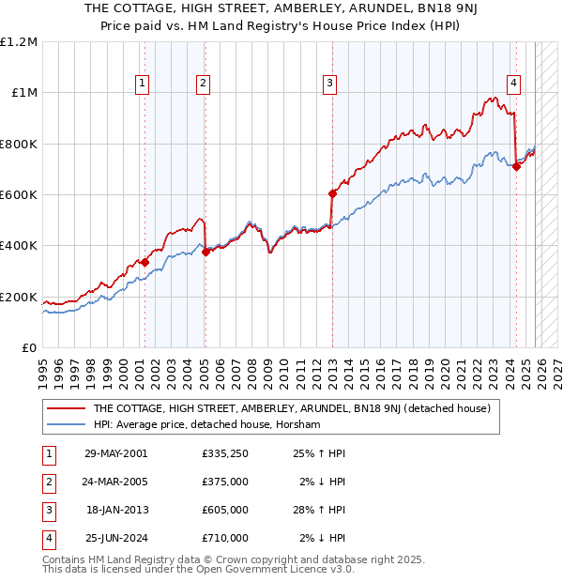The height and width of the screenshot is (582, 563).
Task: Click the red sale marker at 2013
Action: [332, 194]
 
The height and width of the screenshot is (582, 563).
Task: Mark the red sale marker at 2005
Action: [205, 252]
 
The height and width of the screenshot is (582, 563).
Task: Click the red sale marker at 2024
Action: [517, 167]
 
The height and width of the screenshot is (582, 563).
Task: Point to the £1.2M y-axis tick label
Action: [19, 42]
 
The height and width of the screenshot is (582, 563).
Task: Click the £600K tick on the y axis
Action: [19, 195]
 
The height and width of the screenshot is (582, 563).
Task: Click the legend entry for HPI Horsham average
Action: [206, 425]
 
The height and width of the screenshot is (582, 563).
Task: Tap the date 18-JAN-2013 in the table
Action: [118, 510]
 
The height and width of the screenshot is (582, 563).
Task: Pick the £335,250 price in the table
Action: [225, 453]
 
